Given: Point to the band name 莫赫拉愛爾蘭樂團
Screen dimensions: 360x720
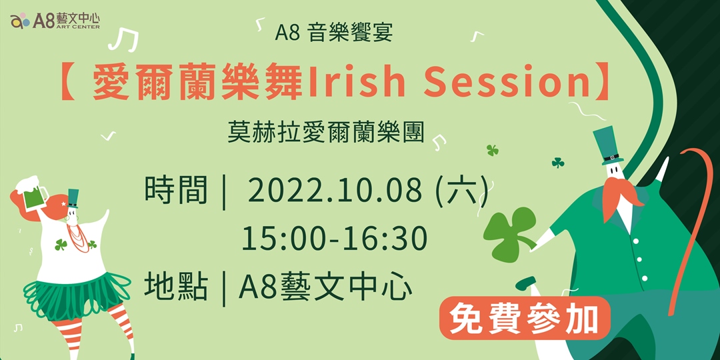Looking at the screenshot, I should pos(325,131).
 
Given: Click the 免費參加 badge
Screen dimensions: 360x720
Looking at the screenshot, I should pos(525,319).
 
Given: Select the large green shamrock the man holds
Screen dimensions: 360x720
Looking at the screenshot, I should pos(509,233).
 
